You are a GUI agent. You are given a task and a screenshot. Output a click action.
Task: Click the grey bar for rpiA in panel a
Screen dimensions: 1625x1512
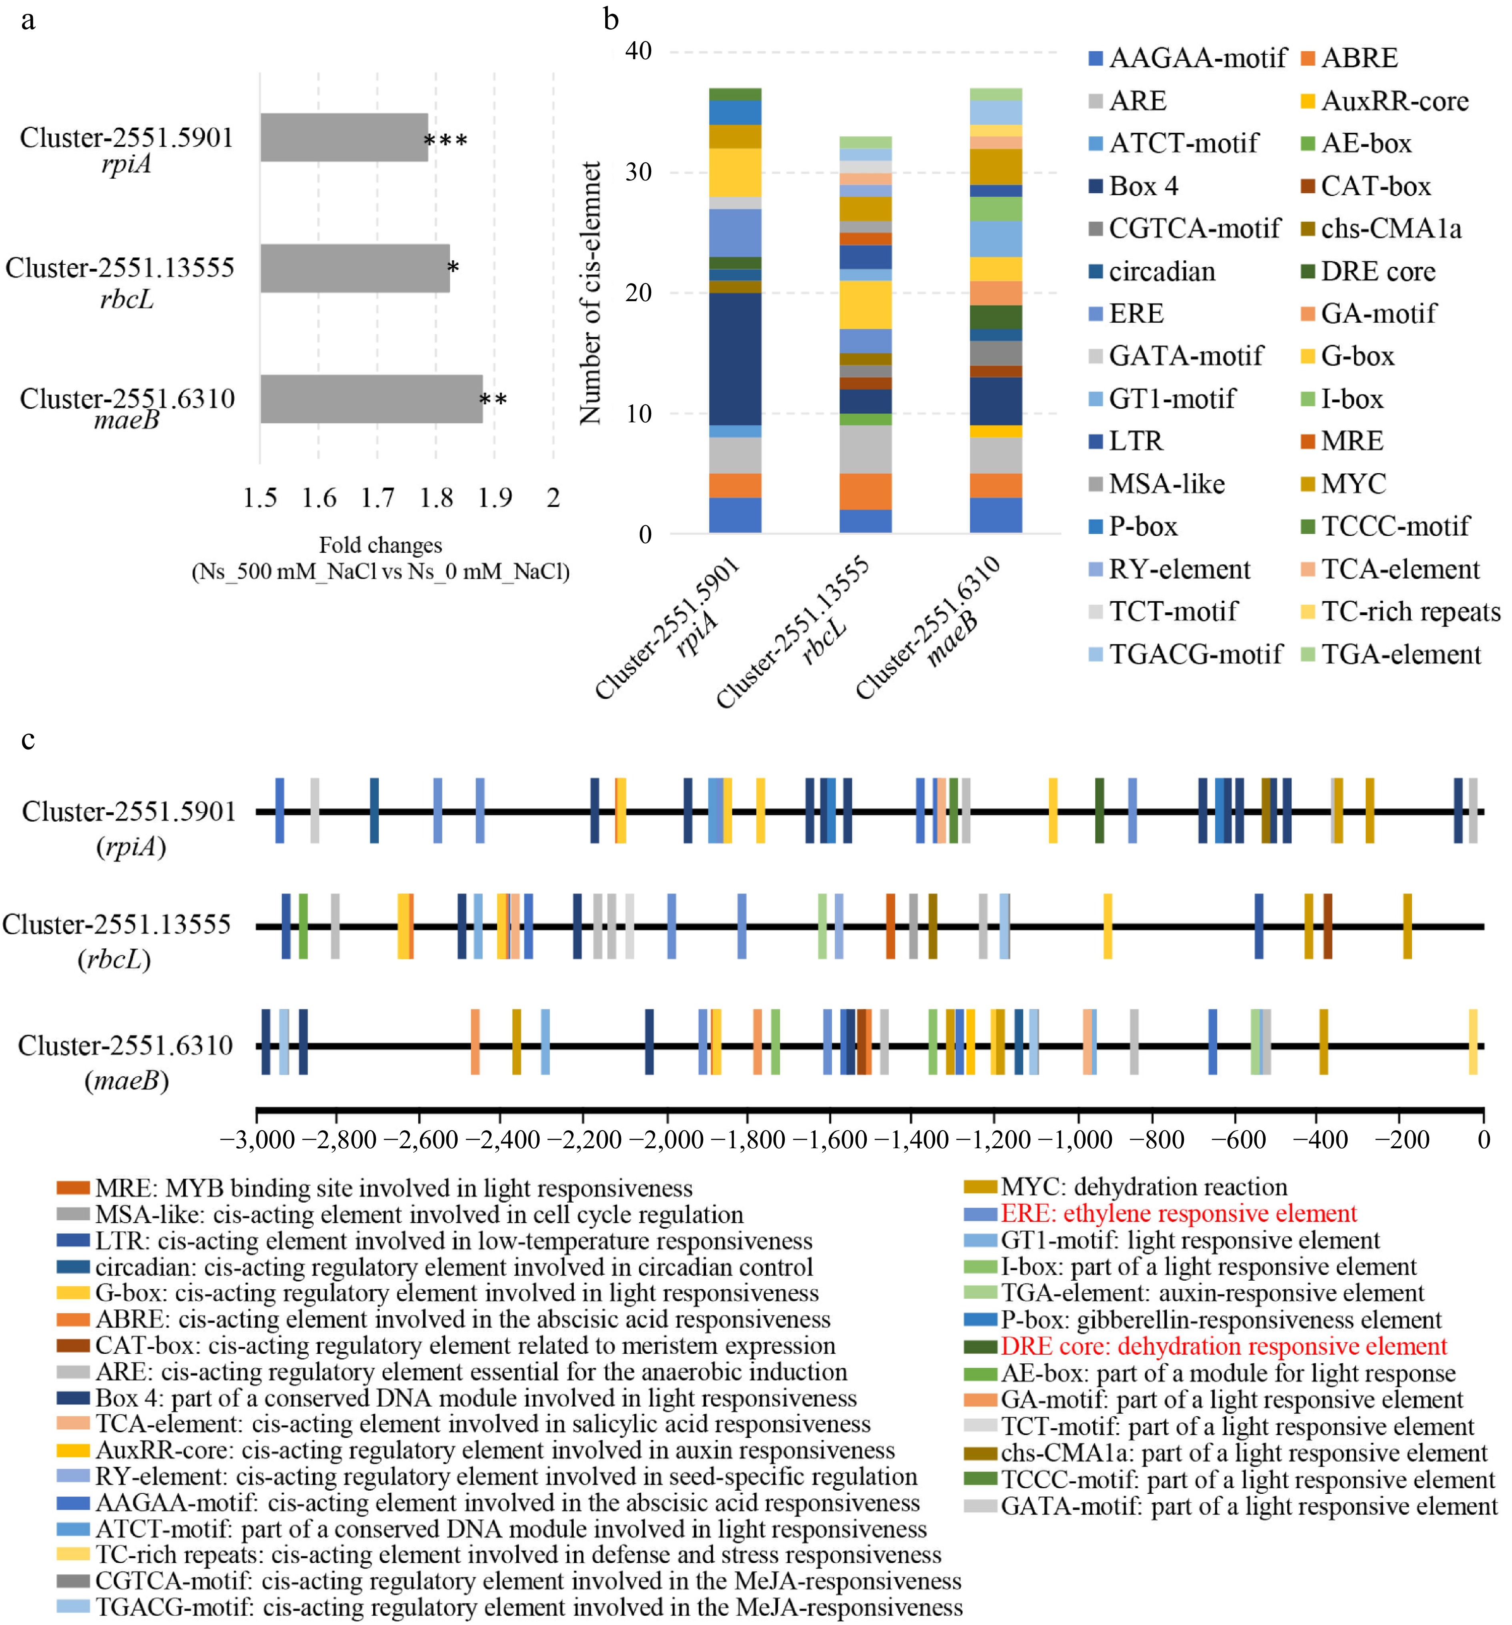tap(343, 137)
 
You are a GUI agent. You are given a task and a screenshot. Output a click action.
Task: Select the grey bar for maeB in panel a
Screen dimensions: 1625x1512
tap(371, 399)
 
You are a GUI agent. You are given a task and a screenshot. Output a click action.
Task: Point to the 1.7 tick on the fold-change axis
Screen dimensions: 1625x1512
tap(378, 498)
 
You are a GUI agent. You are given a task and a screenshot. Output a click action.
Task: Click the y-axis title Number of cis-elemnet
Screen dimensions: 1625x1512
tap(590, 293)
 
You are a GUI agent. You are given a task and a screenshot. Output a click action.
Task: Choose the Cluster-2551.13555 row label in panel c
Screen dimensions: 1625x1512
tap(117, 924)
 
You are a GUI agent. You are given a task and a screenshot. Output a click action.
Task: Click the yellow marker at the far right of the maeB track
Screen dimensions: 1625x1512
tap(1473, 1042)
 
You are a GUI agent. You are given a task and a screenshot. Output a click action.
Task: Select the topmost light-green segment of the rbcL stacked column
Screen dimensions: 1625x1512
tap(866, 142)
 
